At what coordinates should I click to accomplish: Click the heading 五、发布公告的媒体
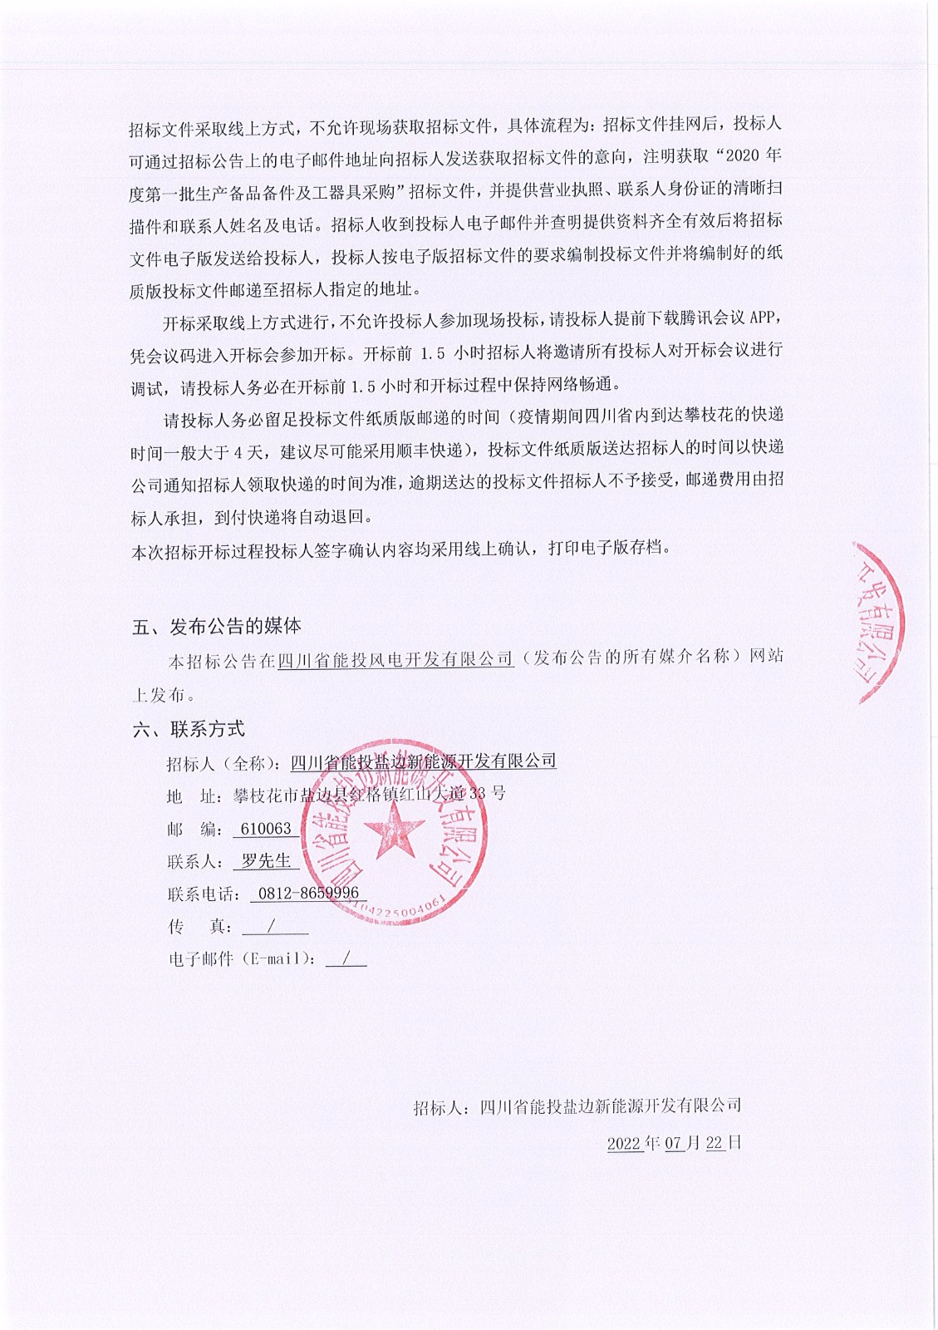(216, 626)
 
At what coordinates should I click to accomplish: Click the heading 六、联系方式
(189, 729)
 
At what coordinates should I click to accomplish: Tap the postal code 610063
(266, 829)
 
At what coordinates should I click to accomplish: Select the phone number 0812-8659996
(308, 894)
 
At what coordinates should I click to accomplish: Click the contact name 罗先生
(266, 861)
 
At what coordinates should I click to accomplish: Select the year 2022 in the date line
(625, 1143)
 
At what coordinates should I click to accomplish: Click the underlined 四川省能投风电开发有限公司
(395, 659)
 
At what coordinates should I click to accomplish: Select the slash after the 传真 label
(272, 926)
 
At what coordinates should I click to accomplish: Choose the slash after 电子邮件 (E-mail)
(345, 958)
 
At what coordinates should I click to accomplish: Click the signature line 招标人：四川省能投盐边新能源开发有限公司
(577, 1106)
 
